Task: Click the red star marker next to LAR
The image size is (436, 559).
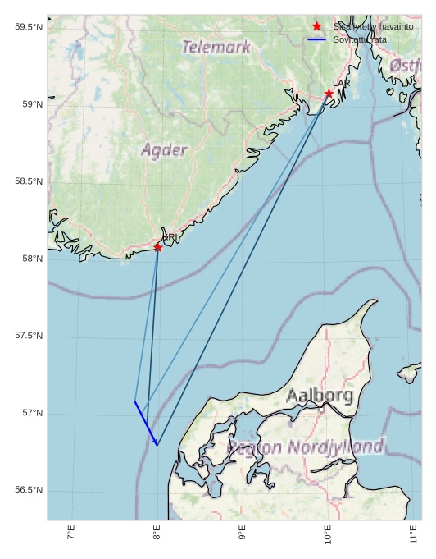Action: (329, 94)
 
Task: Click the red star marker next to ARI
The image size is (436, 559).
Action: (158, 247)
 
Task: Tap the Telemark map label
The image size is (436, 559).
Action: (216, 48)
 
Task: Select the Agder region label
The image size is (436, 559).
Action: (164, 150)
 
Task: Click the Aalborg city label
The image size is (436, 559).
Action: (320, 396)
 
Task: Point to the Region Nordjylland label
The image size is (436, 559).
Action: (306, 447)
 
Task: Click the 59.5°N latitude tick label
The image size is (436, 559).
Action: (28, 28)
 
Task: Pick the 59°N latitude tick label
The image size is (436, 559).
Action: (30, 105)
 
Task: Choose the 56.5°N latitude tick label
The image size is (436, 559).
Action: (28, 491)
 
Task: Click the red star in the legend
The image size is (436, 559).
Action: (317, 27)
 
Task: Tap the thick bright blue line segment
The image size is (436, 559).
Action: (146, 424)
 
